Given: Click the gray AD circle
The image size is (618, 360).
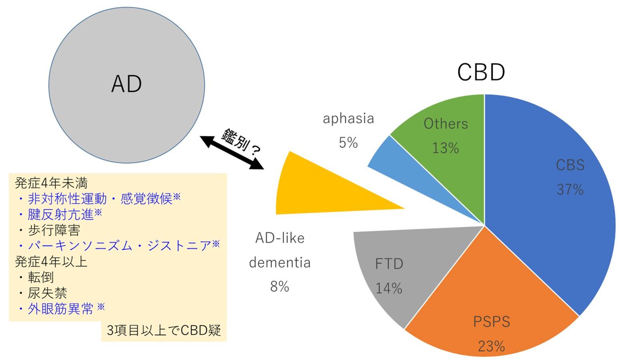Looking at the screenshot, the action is [127, 85].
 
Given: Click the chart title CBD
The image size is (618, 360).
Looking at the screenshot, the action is [481, 72].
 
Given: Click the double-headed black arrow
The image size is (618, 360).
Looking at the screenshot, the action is [232, 152].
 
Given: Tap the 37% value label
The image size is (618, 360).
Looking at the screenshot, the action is [570, 190].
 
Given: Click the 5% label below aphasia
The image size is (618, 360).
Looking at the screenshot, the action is [348, 143].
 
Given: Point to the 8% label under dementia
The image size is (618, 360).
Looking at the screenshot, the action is [280, 286].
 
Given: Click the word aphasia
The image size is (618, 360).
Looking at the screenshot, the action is [348, 119].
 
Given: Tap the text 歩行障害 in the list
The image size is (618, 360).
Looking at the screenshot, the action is [54, 230].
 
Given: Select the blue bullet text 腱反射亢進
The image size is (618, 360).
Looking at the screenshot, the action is [61, 214].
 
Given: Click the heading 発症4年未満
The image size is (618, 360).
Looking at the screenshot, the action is [51, 183].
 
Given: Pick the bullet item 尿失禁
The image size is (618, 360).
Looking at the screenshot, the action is [48, 293].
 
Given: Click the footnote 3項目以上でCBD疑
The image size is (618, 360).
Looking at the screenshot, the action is [164, 330].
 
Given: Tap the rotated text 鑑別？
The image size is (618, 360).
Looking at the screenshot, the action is [241, 142].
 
